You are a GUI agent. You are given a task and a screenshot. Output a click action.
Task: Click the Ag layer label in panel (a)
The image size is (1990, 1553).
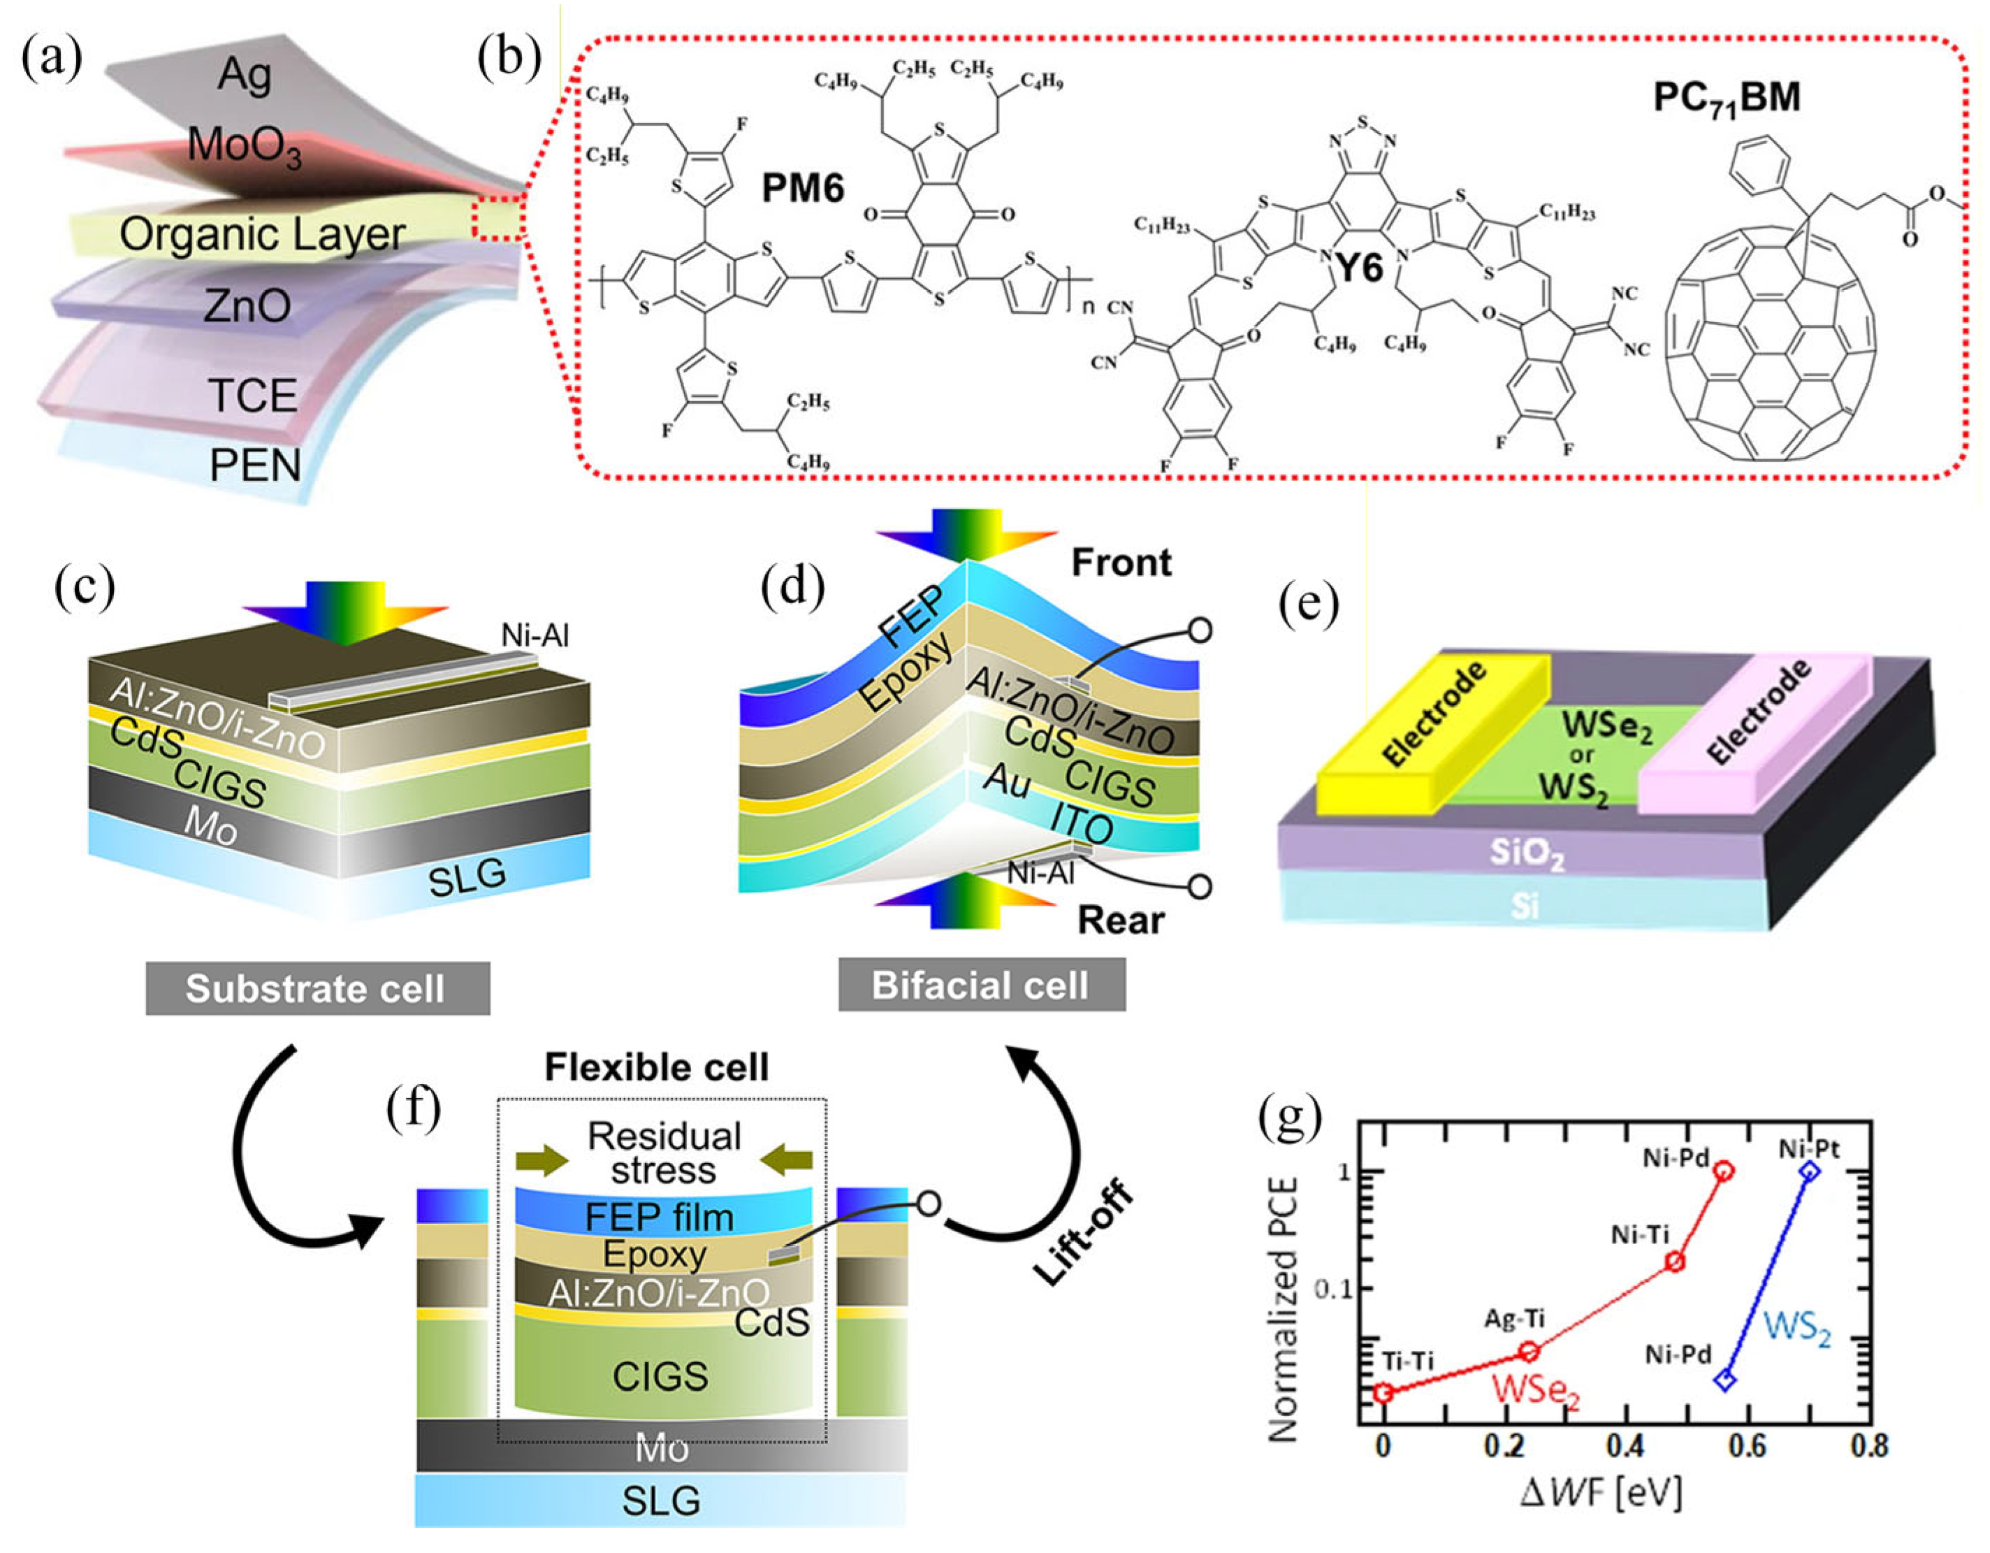pyautogui.click(x=244, y=75)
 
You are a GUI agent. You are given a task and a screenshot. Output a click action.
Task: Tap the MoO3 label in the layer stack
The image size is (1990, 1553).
pyautogui.click(x=244, y=146)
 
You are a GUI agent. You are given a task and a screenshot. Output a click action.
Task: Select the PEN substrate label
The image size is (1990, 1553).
pyautogui.click(x=254, y=465)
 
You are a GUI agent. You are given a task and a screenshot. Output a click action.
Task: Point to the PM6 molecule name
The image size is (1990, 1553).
pyautogui.click(x=803, y=189)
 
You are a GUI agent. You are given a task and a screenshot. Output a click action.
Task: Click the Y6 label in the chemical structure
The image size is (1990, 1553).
pyautogui.click(x=1358, y=267)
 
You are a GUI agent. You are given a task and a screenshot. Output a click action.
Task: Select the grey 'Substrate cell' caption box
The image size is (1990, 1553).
pyautogui.click(x=317, y=989)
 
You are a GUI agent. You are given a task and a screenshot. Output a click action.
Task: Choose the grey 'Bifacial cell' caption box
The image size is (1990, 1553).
pyautogui.click(x=980, y=985)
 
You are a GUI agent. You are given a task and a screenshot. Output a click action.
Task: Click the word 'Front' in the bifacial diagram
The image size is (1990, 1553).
pyautogui.click(x=1121, y=563)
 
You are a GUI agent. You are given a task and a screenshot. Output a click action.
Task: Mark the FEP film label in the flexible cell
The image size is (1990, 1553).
pyautogui.click(x=659, y=1217)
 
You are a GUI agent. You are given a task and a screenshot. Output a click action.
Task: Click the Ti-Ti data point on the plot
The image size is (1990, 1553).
pyautogui.click(x=1383, y=1392)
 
